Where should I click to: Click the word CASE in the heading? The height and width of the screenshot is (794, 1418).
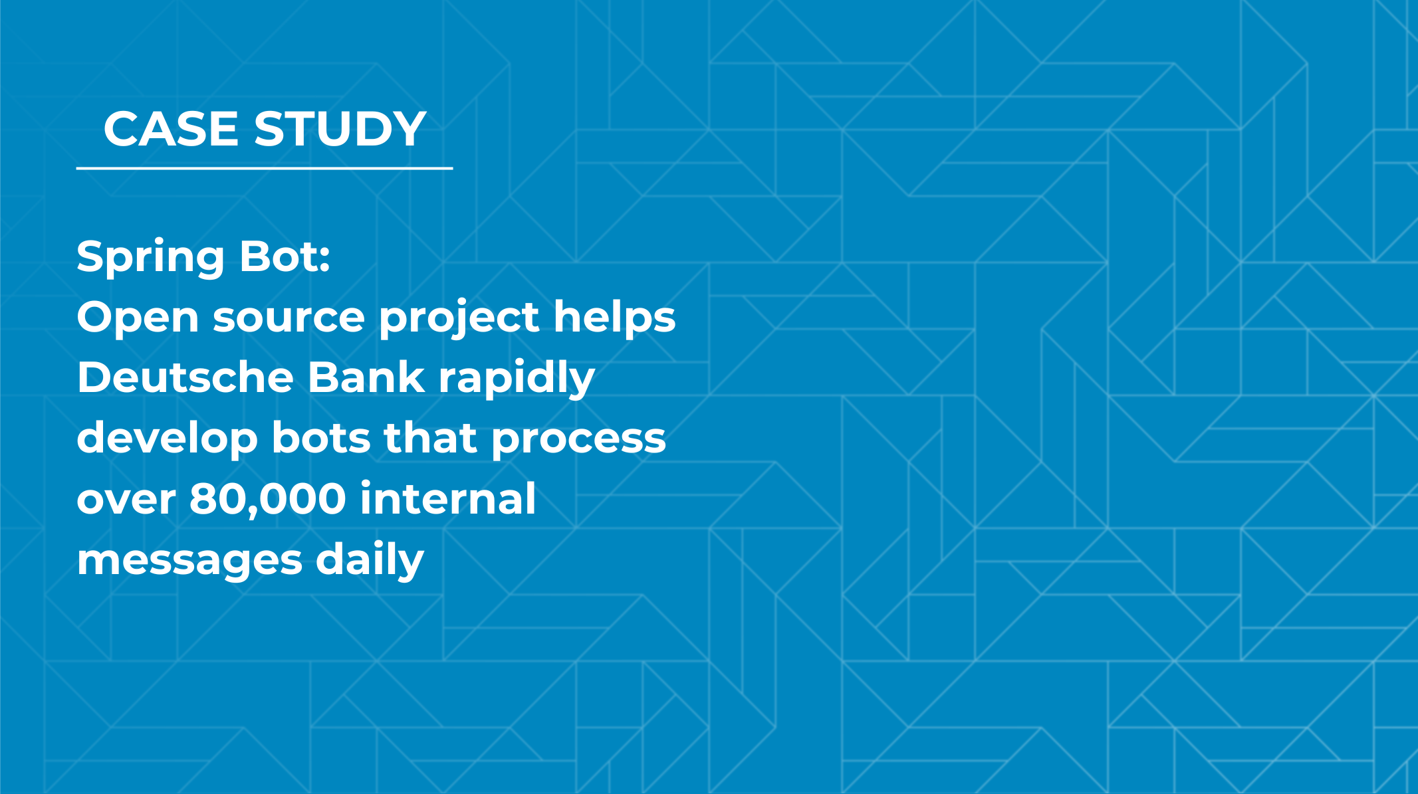click(x=171, y=128)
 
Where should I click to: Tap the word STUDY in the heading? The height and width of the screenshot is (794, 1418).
click(x=340, y=128)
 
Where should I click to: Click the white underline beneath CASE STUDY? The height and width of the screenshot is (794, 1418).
click(x=265, y=169)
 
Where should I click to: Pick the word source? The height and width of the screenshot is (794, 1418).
click(x=289, y=320)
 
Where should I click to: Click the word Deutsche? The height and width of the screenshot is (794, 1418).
click(x=185, y=377)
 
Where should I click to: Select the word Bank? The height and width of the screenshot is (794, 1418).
click(x=366, y=377)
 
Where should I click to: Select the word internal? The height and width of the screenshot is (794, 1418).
click(x=448, y=498)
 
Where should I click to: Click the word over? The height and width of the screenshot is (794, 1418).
click(x=126, y=501)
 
